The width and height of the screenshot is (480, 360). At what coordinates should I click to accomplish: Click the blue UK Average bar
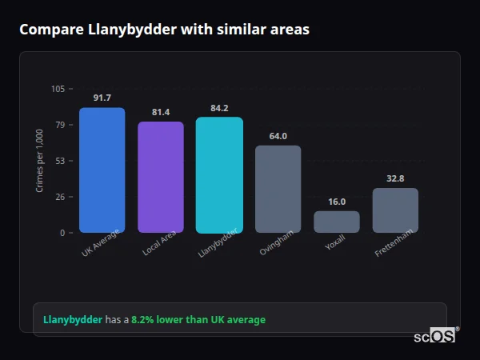[102, 170]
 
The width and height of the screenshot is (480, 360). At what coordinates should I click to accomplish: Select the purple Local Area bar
[161, 177]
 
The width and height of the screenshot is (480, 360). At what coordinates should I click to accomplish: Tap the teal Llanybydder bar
[219, 174]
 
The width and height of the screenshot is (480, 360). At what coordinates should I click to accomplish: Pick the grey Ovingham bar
[278, 189]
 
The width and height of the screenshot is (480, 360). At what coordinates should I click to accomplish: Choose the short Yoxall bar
[337, 222]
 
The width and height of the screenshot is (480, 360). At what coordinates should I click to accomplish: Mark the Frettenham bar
[395, 210]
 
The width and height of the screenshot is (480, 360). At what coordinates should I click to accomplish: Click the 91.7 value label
[102, 98]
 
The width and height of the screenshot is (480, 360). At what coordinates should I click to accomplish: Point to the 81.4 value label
[161, 112]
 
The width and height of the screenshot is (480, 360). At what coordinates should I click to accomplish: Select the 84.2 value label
[219, 108]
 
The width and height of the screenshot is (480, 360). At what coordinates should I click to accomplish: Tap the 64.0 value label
[278, 136]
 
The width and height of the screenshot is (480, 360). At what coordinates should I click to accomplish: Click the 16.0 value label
[337, 202]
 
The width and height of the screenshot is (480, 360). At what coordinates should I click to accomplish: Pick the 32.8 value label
[395, 178]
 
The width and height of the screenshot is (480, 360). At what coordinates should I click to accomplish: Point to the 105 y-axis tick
[58, 89]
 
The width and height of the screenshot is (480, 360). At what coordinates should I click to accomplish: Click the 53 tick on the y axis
[60, 161]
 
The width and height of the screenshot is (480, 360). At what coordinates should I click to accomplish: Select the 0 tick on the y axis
[62, 233]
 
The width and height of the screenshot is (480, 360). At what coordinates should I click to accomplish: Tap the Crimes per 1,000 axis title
[40, 161]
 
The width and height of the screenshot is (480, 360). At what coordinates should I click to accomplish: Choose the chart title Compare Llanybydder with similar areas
[164, 30]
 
